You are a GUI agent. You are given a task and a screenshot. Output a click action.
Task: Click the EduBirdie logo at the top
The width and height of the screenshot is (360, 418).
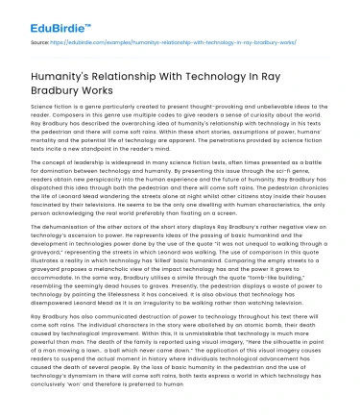click(x=43, y=16)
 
